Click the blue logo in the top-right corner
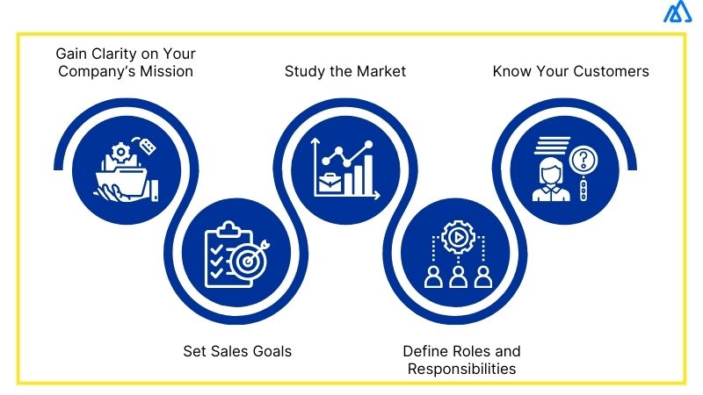coord(677,12)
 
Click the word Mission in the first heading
coord(166,71)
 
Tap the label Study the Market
coord(345,71)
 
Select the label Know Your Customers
coord(570,71)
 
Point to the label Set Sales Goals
coord(237,351)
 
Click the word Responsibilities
coord(461,369)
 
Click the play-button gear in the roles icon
coord(457,236)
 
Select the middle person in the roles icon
coord(458,277)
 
